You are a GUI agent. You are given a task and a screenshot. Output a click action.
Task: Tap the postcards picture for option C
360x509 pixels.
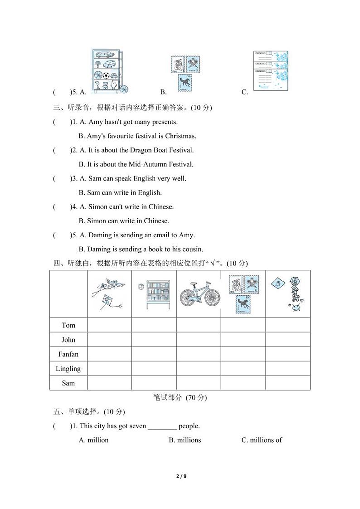point(270,71)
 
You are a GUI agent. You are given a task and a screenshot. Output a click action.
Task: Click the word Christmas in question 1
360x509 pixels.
point(180,136)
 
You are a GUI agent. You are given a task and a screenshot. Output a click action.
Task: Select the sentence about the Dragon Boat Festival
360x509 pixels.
point(136,150)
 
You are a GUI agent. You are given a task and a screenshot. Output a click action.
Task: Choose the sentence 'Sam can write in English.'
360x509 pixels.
point(120,193)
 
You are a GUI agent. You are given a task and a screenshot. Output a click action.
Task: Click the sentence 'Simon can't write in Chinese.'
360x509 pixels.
point(126,207)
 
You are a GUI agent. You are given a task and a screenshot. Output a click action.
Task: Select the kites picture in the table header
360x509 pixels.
point(109,294)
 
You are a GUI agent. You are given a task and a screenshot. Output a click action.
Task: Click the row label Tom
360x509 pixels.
point(68,325)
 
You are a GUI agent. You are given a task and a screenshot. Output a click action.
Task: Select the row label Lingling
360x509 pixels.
point(68,368)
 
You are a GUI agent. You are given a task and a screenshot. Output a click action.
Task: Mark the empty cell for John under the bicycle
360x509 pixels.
point(199,340)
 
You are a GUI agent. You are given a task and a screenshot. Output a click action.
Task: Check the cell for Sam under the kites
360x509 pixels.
point(109,383)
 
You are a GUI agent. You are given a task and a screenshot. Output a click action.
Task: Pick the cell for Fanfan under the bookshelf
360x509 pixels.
point(154,354)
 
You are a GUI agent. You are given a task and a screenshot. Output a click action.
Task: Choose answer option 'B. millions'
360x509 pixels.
point(185,440)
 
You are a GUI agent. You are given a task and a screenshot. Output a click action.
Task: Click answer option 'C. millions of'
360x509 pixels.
point(262,440)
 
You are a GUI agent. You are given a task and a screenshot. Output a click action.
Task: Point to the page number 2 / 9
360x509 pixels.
point(180,476)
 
